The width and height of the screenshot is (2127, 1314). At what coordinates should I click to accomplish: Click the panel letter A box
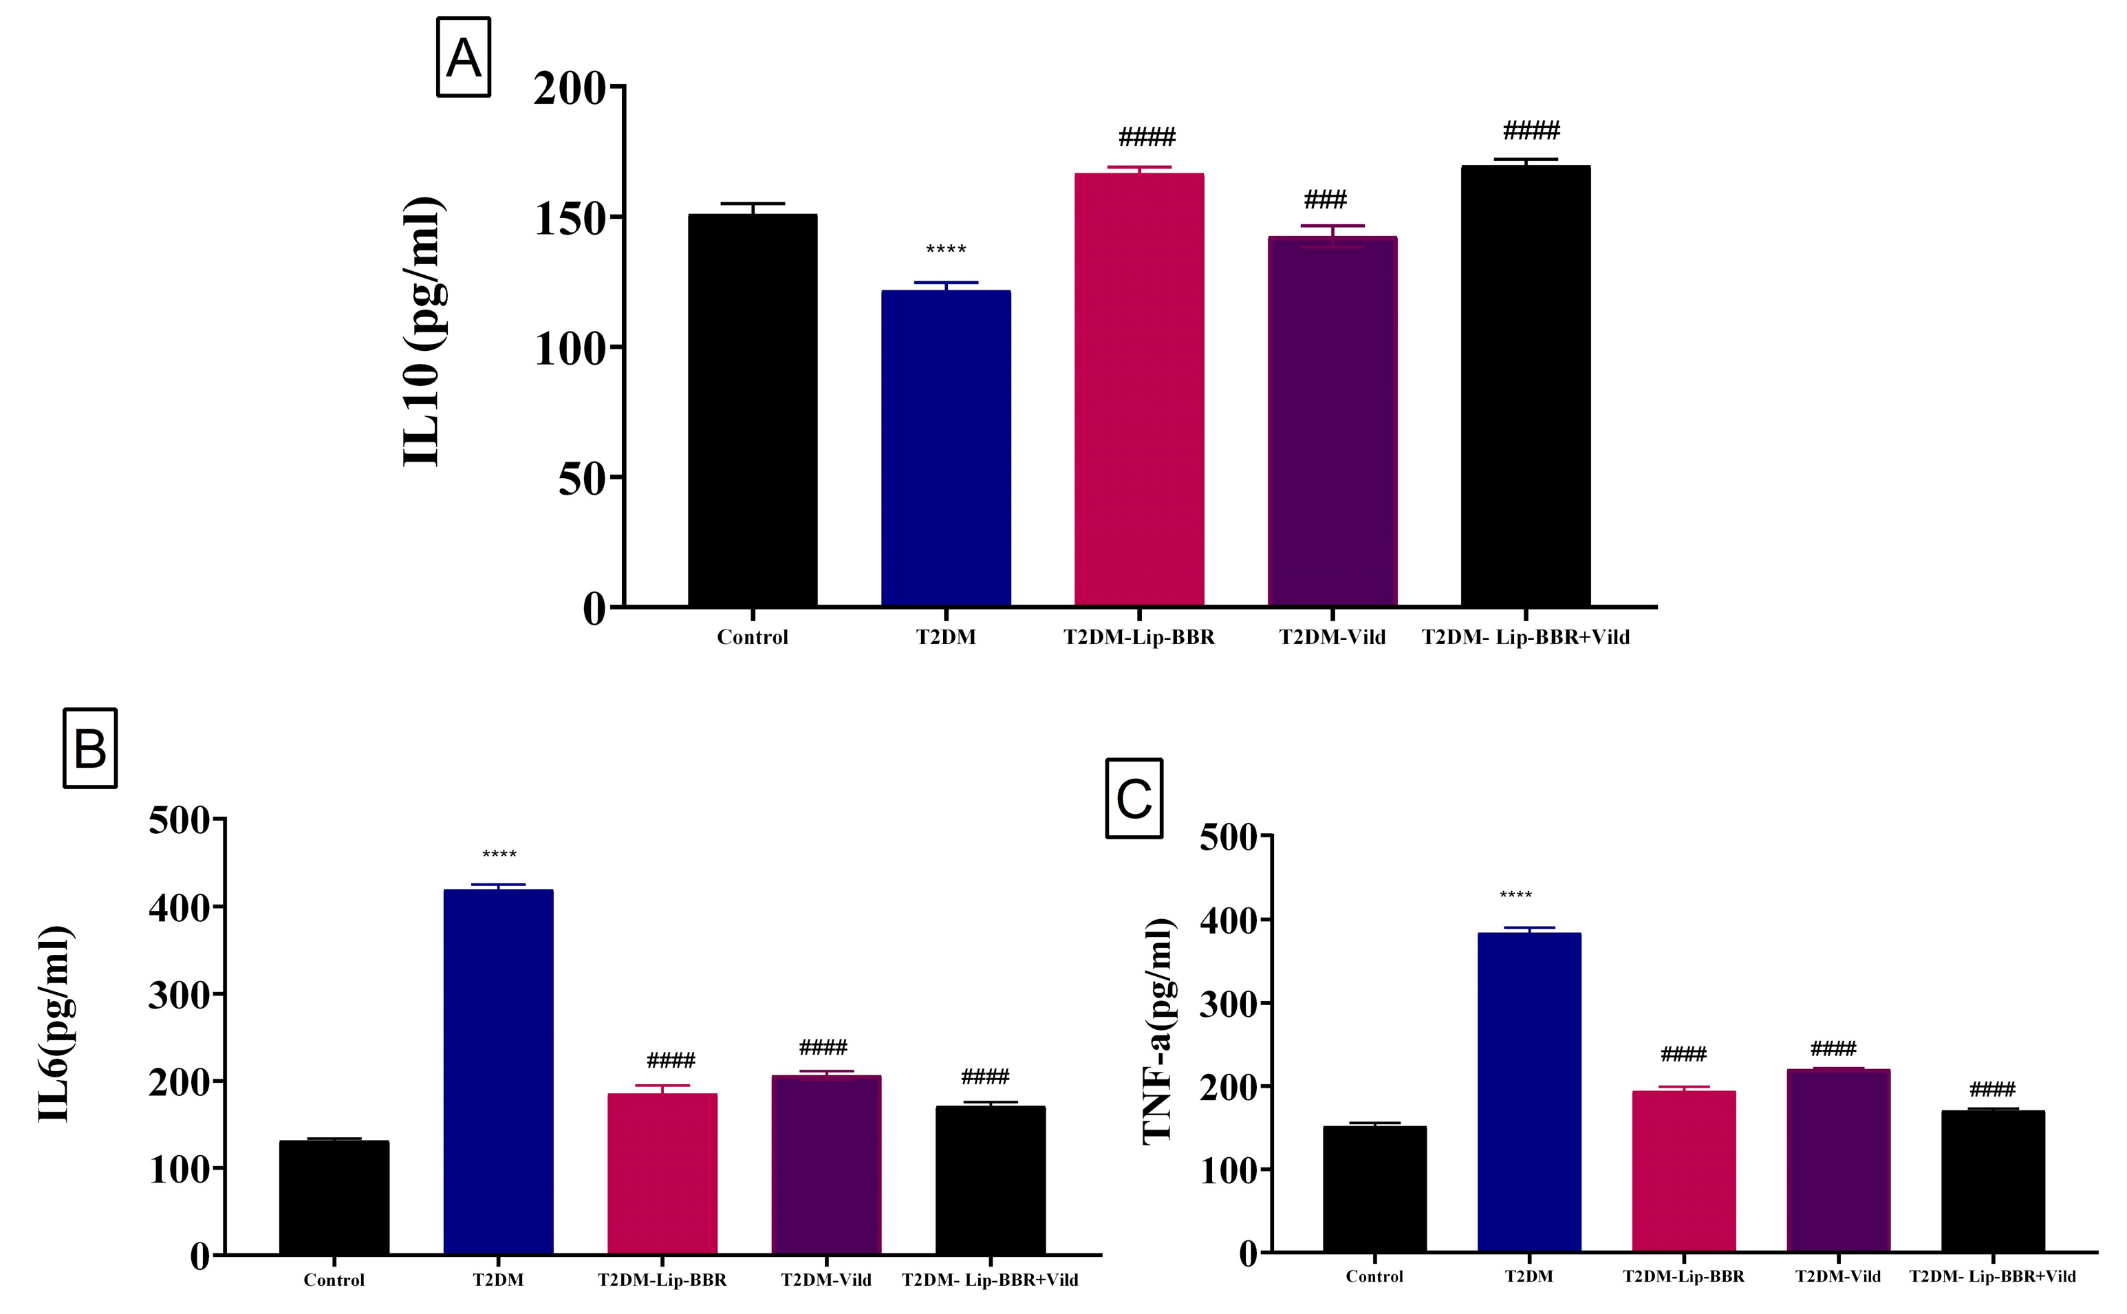[463, 57]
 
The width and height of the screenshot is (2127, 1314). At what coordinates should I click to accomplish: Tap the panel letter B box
[90, 748]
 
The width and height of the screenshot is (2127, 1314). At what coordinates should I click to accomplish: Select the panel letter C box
[1134, 798]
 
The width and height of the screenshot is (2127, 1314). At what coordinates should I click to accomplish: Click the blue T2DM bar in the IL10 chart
[945, 448]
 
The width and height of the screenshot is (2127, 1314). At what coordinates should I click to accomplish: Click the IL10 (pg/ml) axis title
[424, 332]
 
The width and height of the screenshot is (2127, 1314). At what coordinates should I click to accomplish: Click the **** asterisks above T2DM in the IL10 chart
[945, 250]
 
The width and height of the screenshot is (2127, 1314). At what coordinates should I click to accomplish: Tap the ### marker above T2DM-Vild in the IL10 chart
[1325, 200]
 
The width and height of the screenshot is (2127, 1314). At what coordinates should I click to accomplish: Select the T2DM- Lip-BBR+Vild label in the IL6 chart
[990, 1280]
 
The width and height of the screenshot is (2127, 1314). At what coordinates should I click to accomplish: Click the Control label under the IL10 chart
[753, 637]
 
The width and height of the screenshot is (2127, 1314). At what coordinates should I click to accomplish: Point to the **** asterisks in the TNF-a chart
[1515, 895]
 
